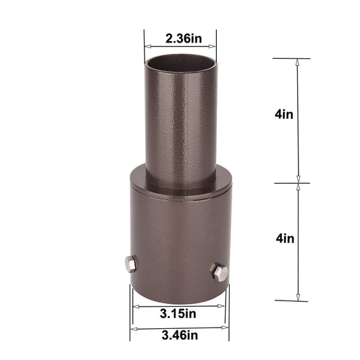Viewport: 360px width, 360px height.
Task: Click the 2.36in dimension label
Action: click(x=180, y=38)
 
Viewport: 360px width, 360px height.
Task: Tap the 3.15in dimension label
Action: click(x=179, y=313)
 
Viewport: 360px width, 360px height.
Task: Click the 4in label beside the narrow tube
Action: click(x=284, y=114)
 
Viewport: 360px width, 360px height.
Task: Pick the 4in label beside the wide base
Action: click(x=284, y=238)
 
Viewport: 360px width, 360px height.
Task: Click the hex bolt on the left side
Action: click(x=130, y=264)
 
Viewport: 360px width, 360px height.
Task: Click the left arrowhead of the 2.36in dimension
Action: click(x=146, y=47)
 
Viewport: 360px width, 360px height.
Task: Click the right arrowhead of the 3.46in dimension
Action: click(x=227, y=329)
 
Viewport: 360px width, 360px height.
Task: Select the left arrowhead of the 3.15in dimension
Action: click(x=134, y=306)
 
